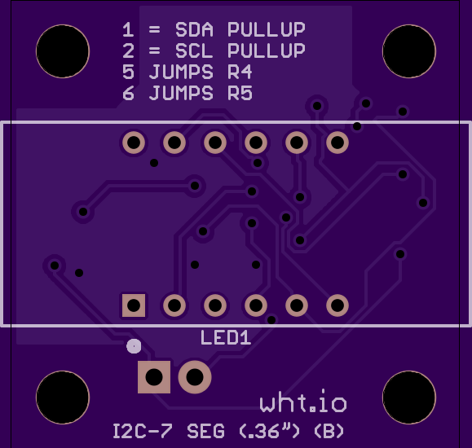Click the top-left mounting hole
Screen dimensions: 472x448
(63, 51)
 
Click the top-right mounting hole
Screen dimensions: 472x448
(409, 51)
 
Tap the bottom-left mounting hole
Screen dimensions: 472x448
(63, 397)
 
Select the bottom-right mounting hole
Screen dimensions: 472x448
(409, 397)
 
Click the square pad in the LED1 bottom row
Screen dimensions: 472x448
(134, 305)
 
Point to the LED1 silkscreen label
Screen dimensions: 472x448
(226, 337)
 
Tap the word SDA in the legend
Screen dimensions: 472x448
(194, 29)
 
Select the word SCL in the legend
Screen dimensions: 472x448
(194, 51)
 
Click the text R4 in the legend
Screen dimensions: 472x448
(240, 72)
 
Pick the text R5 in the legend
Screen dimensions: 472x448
(240, 93)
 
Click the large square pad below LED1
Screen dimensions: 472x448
(154, 377)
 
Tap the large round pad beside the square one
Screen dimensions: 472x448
(195, 377)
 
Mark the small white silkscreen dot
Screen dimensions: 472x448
(134, 346)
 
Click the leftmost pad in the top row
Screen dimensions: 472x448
(134, 143)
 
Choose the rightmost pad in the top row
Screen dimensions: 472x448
(337, 143)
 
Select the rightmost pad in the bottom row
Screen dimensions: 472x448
(337, 305)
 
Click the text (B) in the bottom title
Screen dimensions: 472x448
(329, 431)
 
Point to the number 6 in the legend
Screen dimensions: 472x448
(128, 93)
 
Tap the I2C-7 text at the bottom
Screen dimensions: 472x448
(143, 431)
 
